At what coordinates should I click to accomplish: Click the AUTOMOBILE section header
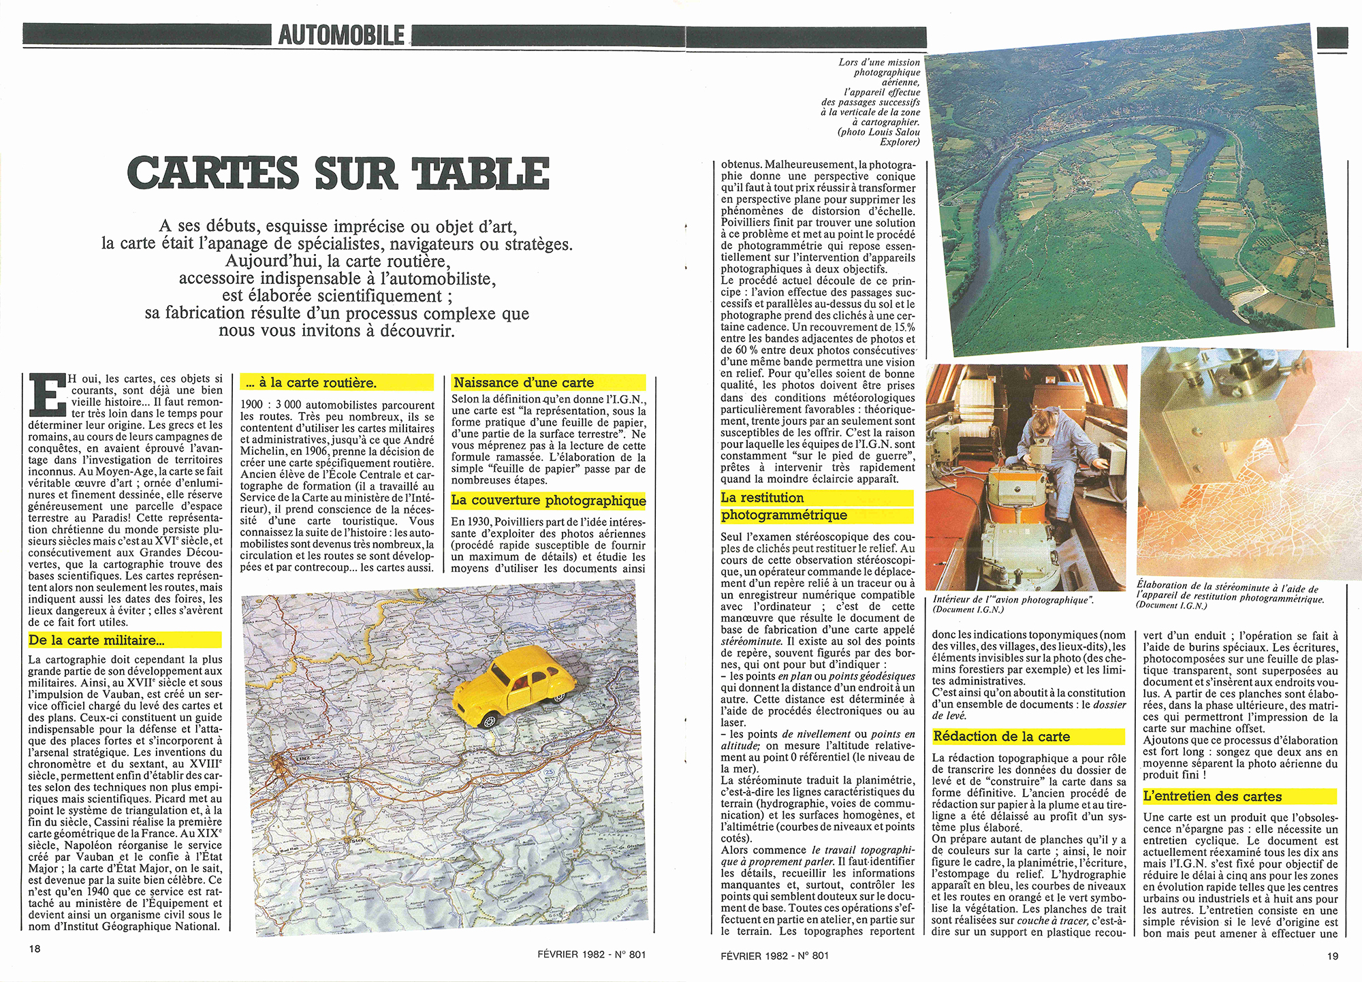[340, 35]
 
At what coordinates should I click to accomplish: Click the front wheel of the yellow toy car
[489, 720]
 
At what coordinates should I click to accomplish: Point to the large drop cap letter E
[47, 394]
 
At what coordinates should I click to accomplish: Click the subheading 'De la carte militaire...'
[97, 640]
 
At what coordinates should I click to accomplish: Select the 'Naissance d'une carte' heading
[524, 383]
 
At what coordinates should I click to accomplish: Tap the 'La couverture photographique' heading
[548, 501]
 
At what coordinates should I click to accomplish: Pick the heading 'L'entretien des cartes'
[1212, 796]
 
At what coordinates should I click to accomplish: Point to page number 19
[1333, 955]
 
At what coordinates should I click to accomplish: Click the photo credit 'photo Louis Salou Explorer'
[878, 137]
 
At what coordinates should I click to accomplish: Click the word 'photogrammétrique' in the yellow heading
[784, 516]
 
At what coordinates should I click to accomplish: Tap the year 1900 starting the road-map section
[252, 405]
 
